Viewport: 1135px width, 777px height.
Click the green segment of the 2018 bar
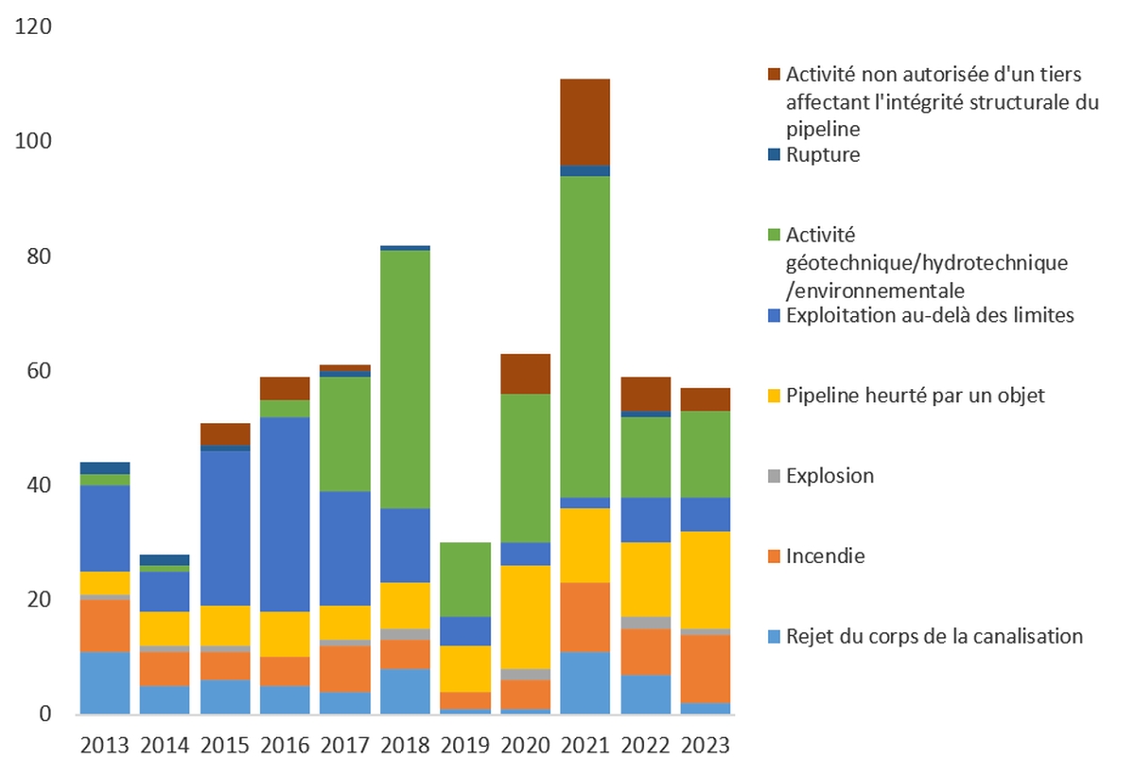point(406,379)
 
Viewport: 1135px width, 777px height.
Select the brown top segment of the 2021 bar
point(585,121)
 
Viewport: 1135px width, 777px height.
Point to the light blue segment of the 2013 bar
point(105,682)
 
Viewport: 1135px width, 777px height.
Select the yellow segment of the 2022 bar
point(646,579)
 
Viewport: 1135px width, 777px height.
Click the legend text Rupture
point(823,154)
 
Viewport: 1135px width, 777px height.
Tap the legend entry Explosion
point(829,475)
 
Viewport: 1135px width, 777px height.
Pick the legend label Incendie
point(825,556)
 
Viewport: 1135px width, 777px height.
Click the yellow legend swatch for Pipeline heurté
point(773,396)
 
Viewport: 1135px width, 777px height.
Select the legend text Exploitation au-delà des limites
point(930,315)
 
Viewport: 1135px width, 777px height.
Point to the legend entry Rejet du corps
point(934,636)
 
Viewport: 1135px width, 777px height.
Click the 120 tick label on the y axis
point(34,26)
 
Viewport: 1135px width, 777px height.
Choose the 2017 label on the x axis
point(346,745)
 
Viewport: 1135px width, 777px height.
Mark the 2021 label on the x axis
point(585,745)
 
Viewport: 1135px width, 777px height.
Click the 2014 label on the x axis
point(165,745)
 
